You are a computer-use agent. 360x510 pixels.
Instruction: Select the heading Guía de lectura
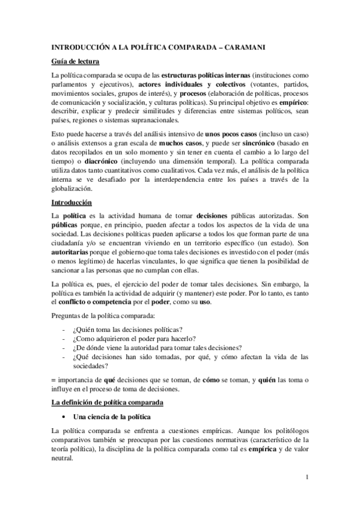click(75, 61)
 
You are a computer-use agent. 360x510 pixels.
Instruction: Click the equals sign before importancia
click(54, 380)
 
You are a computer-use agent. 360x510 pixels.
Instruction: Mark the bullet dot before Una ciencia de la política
click(63, 417)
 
